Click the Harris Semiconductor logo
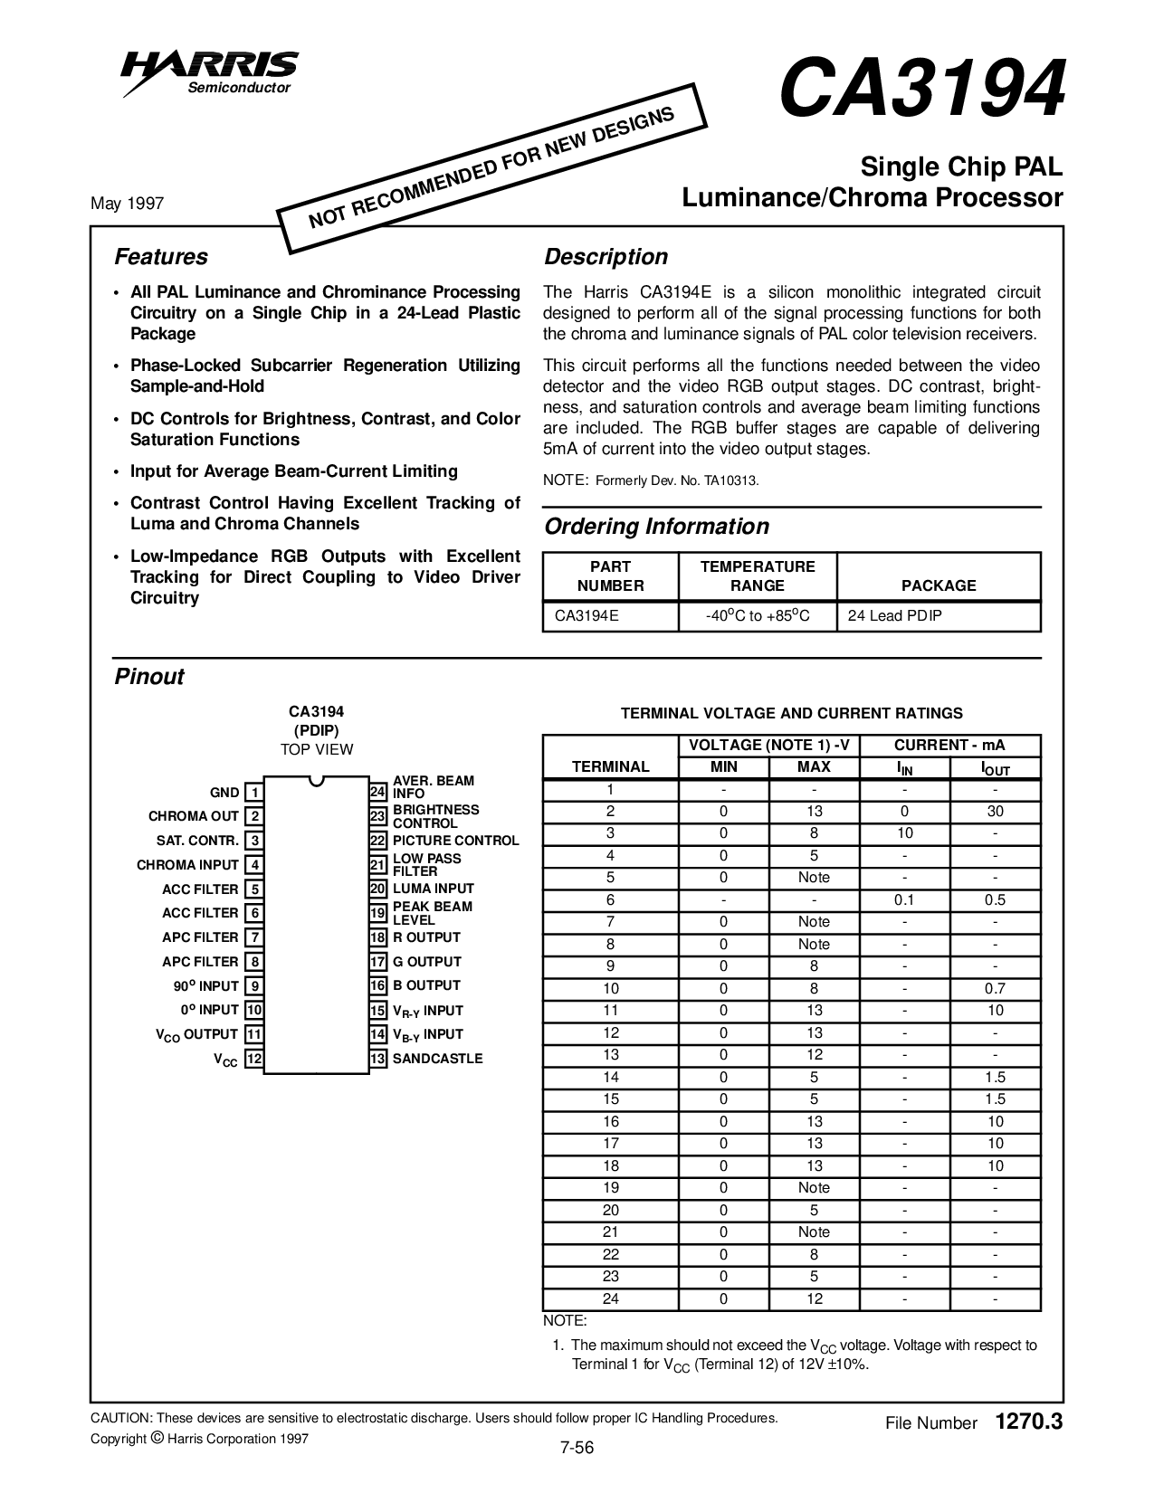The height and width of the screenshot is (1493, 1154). (210, 71)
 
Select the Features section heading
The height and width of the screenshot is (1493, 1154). (160, 257)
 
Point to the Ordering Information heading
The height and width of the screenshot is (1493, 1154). (656, 527)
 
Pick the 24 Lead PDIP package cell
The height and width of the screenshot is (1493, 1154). (894, 616)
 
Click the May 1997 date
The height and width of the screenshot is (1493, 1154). (128, 204)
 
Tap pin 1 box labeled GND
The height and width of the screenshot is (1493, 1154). (255, 794)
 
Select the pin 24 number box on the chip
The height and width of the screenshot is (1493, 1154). (378, 793)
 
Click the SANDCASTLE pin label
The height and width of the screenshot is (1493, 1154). (438, 1059)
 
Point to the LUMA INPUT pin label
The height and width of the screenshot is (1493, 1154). (434, 889)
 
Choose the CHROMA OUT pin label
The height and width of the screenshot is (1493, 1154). (194, 816)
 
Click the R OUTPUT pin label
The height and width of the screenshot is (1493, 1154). (426, 937)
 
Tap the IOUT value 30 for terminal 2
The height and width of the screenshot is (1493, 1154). (995, 812)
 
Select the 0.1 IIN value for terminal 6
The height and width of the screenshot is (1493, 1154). (904, 900)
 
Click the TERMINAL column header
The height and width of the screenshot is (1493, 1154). (611, 766)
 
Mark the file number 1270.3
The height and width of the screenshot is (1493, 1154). (1027, 1422)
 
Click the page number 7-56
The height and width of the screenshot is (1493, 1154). (577, 1448)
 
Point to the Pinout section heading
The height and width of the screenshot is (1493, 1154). (149, 677)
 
